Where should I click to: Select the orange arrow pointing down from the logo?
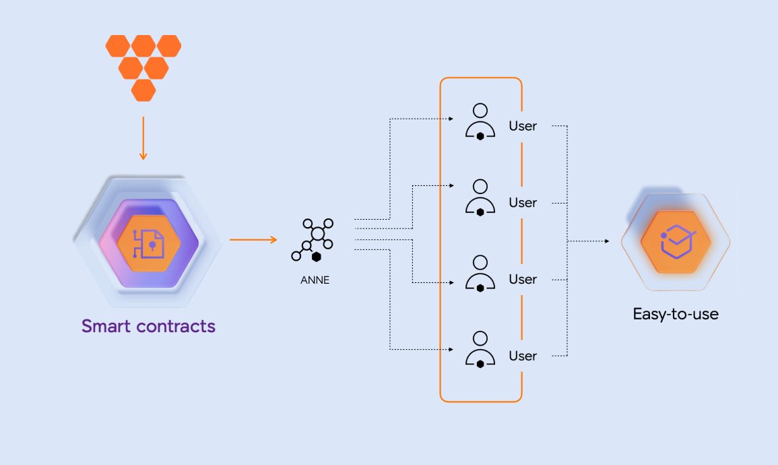coord(143,137)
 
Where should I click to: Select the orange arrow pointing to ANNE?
coord(253,240)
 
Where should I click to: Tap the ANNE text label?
coord(315,280)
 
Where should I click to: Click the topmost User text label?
coord(523,126)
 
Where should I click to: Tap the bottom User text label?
coord(523,356)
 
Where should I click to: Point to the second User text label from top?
coord(523,202)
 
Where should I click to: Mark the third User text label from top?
coord(523,279)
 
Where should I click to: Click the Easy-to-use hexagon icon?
coord(676,241)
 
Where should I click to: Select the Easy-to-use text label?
coord(676,314)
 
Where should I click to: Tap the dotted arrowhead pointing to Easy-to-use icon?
coord(609,241)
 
